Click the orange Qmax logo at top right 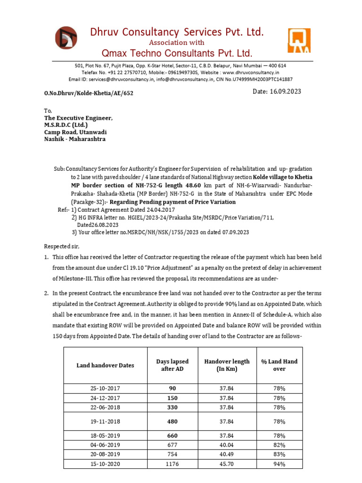tap(299, 40)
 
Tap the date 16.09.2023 tap(278, 92)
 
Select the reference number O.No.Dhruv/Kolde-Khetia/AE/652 tap(89, 93)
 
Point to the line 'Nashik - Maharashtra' tap(75, 139)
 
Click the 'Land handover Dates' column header tap(106, 365)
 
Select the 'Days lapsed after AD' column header tap(172, 365)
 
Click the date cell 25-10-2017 tap(106, 388)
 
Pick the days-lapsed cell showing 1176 tap(172, 463)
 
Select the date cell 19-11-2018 tap(106, 421)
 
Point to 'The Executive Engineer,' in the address tap(78, 118)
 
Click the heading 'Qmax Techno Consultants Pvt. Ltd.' tap(177, 52)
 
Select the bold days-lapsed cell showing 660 tap(172, 435)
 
